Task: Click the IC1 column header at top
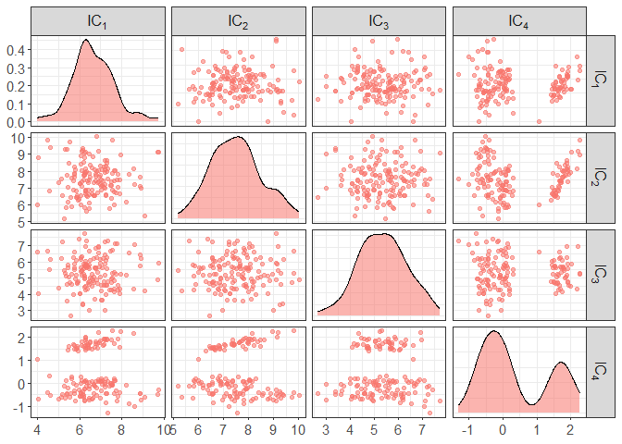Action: click(x=97, y=19)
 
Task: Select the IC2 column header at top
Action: click(x=238, y=19)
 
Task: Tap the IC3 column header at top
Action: click(x=378, y=19)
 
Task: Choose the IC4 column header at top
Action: click(x=518, y=19)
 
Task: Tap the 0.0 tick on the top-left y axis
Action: click(x=17, y=122)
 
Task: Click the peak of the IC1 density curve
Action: click(x=86, y=41)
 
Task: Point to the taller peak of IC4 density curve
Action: click(x=494, y=331)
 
